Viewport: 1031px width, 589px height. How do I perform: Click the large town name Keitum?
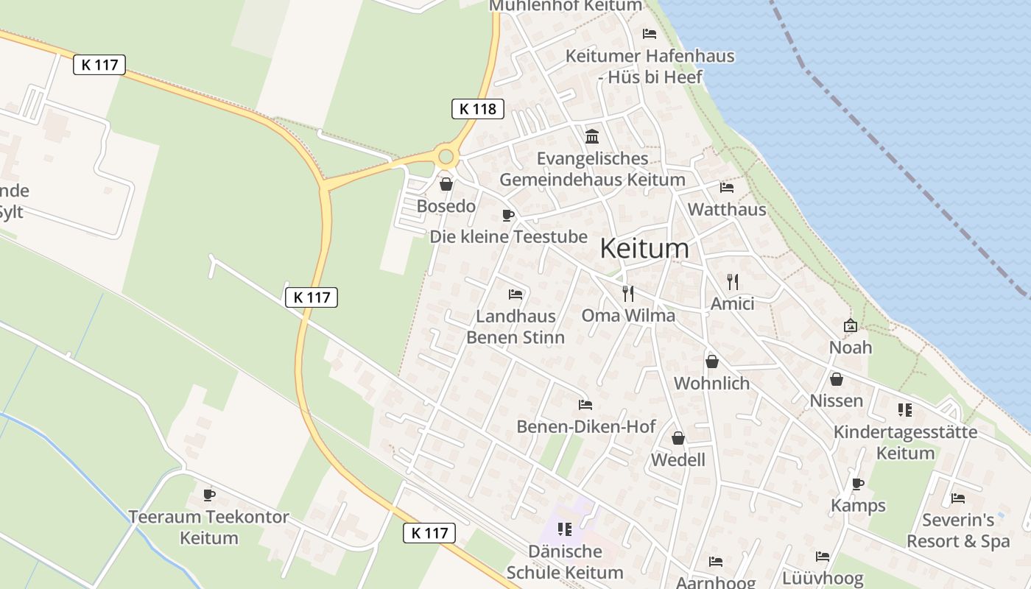point(644,249)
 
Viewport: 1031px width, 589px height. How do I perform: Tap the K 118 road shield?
point(477,109)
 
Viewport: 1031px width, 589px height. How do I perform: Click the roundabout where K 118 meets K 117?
point(446,156)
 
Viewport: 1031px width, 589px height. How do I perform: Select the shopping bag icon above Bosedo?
point(446,184)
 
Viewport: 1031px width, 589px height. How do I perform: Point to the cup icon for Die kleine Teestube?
point(507,215)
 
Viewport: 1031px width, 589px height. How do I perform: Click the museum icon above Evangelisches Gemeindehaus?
point(592,136)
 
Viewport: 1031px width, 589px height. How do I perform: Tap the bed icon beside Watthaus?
point(727,187)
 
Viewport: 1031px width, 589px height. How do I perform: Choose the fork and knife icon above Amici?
point(732,281)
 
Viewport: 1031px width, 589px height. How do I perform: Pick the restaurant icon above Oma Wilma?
point(628,294)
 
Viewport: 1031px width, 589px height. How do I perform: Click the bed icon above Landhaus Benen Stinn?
point(515,294)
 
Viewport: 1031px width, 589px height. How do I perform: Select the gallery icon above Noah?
point(851,325)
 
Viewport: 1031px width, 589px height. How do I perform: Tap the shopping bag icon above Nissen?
point(837,379)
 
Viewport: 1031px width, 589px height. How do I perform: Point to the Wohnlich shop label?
point(711,383)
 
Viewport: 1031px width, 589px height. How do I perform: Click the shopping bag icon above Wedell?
point(678,439)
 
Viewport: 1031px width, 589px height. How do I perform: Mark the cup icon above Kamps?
point(858,484)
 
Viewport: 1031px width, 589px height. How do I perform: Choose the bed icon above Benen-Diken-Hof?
point(585,405)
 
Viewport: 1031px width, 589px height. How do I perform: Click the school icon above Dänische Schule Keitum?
point(565,529)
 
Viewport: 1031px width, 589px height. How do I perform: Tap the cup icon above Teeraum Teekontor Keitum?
point(209,494)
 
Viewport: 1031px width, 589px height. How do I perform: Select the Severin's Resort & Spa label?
point(958,531)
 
